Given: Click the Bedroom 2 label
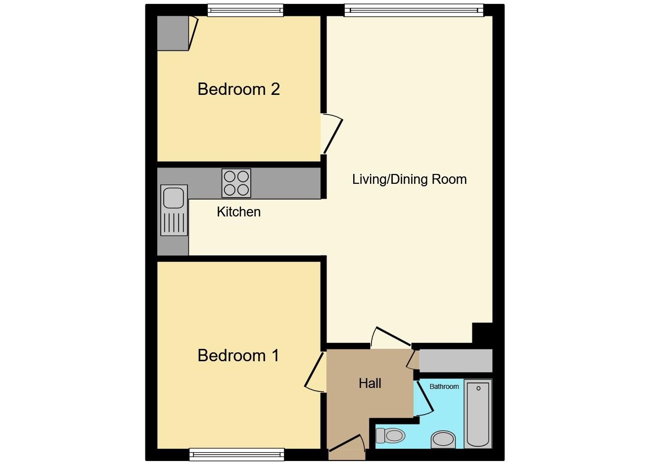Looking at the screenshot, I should [238, 89].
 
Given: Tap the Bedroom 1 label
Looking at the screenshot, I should [238, 356].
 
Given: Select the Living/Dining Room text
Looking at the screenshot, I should [409, 179].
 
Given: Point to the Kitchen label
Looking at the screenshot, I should [238, 212].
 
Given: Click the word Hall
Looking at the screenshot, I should [370, 383].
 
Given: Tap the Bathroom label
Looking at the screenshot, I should [444, 386].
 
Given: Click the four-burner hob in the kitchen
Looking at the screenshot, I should [236, 183].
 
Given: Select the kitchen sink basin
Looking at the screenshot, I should [173, 197].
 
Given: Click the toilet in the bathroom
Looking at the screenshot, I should [391, 435].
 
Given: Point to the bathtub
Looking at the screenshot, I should [478, 414].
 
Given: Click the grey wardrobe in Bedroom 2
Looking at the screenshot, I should [173, 33].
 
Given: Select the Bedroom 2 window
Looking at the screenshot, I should [245, 10].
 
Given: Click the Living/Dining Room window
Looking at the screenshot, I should [414, 10].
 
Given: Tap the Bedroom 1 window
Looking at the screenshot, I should [237, 454].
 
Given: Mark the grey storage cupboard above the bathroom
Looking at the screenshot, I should [456, 361].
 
